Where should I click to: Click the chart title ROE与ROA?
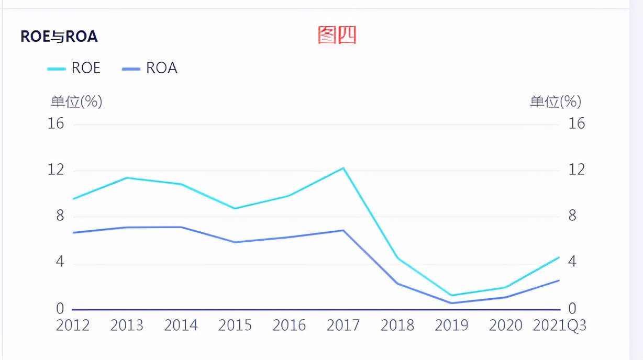59,37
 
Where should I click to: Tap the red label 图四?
337,35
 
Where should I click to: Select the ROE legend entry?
74,68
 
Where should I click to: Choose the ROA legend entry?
150,68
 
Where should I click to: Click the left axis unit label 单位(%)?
76,102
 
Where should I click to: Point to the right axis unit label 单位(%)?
556,102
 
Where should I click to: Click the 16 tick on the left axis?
56,123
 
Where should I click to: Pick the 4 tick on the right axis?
572,262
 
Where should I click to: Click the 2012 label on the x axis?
73,325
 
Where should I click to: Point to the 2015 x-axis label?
235,325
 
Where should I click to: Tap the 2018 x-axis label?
397,325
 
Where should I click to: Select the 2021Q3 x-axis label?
559,325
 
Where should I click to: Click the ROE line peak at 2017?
343,168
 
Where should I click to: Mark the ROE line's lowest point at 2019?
451,295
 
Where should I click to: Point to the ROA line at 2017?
343,230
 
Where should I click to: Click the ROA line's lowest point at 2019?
451,303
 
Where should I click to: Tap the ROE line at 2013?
127,178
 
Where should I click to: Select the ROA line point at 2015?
235,242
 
